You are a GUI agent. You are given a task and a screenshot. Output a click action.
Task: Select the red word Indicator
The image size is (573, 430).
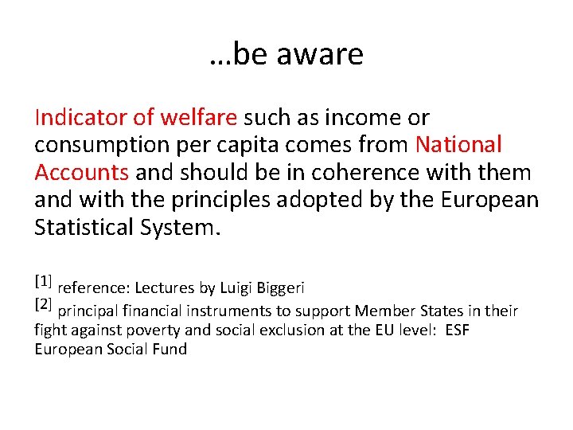[82, 118]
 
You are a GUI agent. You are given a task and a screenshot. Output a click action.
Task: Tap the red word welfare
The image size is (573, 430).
[198, 118]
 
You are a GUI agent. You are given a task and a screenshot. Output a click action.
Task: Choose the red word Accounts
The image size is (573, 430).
[81, 172]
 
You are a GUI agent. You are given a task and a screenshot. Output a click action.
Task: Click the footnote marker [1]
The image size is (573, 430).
[43, 281]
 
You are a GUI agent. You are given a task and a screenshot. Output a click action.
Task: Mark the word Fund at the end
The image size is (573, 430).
[171, 350]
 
